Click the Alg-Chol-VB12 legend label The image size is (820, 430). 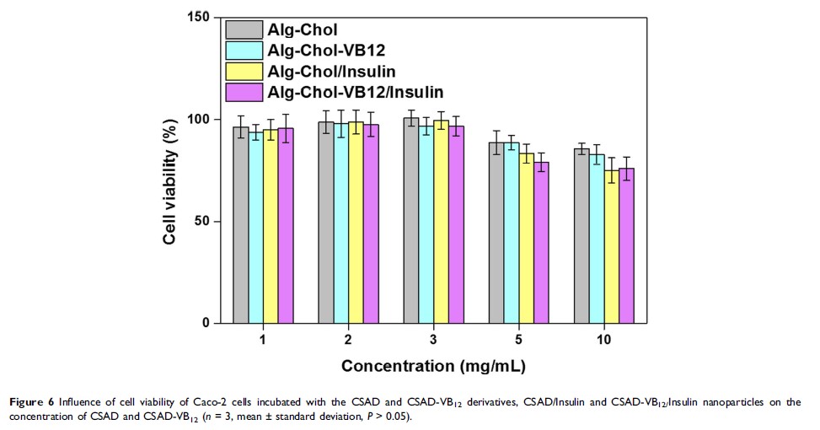coord(325,51)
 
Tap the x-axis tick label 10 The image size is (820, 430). coord(605,339)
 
